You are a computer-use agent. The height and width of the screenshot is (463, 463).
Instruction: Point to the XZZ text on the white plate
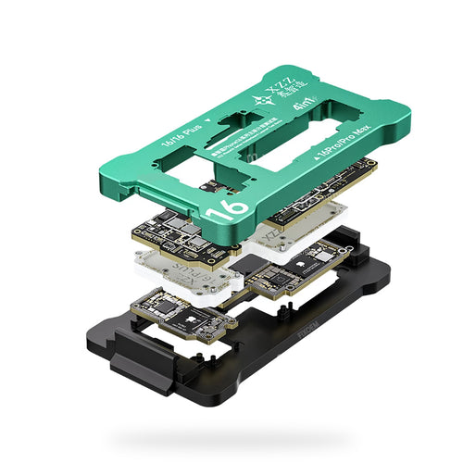(x=278, y=239)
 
